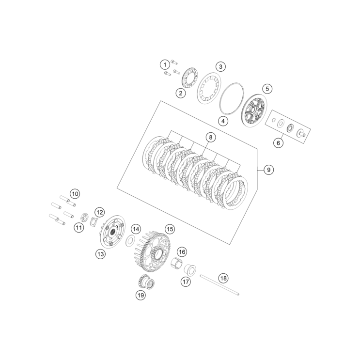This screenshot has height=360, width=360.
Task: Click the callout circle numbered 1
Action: coord(165,64)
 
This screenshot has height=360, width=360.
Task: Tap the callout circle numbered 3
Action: coord(220,66)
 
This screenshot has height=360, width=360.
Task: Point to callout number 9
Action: coord(268,170)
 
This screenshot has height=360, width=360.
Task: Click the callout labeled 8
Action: coord(210,137)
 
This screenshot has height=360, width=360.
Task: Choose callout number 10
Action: coord(75,194)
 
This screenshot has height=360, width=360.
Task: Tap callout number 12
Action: coord(99,212)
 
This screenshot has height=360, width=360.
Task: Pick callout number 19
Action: coord(141,295)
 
